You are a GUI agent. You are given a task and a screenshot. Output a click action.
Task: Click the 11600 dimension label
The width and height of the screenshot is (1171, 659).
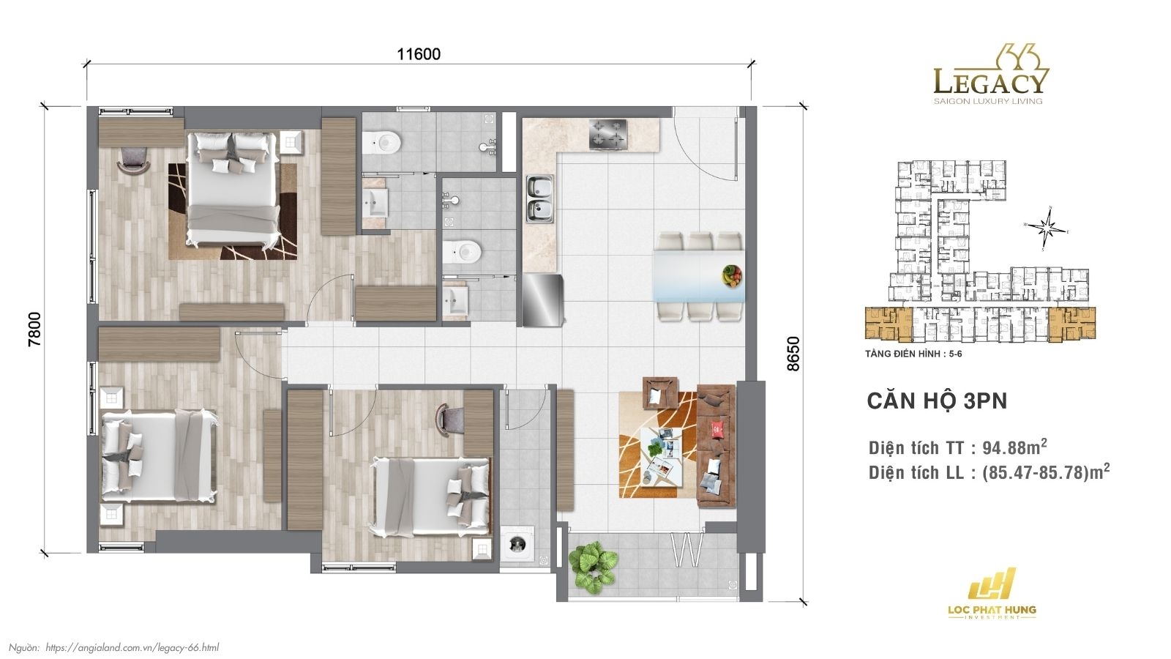click(x=419, y=54)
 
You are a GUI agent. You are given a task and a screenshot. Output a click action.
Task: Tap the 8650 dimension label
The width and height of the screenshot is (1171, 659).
click(x=793, y=354)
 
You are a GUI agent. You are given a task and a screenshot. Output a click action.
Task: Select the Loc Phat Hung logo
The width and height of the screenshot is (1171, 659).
click(x=992, y=593)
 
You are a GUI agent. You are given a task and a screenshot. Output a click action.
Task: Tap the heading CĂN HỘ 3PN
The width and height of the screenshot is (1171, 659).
click(x=937, y=401)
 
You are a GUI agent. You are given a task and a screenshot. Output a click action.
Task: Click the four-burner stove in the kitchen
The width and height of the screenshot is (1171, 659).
click(x=609, y=134)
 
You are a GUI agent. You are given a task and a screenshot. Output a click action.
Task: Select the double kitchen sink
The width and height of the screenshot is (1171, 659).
click(x=540, y=198)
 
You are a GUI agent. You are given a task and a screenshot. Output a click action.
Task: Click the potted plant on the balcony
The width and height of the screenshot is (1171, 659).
click(x=594, y=565)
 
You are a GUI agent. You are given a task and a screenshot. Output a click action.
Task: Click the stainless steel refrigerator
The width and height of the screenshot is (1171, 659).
click(x=542, y=300)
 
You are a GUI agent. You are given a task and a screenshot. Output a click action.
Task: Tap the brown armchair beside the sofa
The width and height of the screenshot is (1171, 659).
click(x=662, y=393)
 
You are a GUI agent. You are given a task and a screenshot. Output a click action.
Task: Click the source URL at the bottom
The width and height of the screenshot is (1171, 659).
click(x=132, y=647)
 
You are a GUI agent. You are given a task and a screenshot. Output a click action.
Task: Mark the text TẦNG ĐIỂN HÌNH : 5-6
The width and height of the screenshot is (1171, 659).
click(x=913, y=354)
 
